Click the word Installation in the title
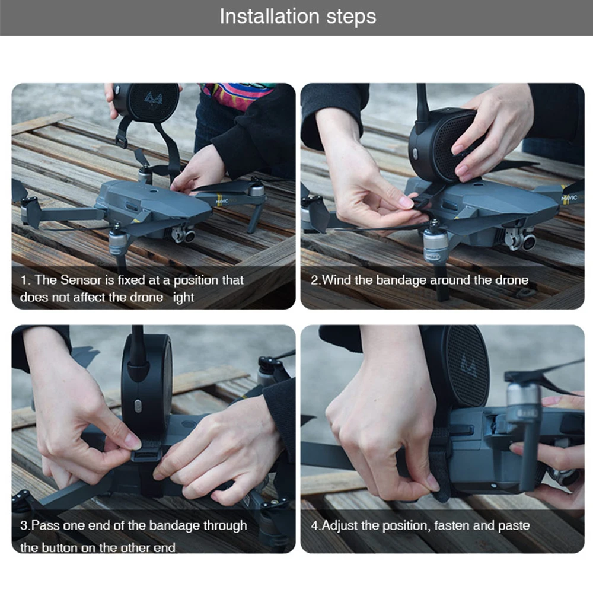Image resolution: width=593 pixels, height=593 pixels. [x=270, y=17]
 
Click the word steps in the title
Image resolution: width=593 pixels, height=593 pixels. [x=351, y=17]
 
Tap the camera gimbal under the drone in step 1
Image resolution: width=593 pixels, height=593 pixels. [x=184, y=234]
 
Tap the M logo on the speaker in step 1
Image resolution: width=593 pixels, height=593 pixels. [x=153, y=100]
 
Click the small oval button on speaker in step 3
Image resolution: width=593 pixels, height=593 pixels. [x=138, y=407]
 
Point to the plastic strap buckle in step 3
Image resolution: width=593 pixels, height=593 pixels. [x=146, y=451]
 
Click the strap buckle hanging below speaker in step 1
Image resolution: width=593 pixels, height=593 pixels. [x=120, y=141]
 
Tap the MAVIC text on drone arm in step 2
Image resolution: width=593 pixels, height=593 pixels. [x=569, y=197]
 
